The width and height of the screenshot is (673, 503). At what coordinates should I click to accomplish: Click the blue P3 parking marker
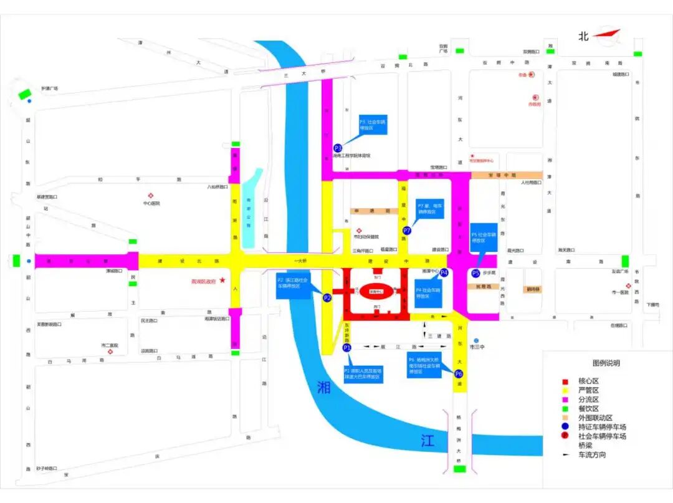point(338,148)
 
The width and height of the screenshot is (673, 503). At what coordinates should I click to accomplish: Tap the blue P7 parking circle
point(407,231)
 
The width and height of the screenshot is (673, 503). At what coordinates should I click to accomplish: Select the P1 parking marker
point(347,347)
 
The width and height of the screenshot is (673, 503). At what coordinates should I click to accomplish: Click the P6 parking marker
point(459,374)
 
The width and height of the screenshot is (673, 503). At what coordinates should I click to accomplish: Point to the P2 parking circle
point(327,298)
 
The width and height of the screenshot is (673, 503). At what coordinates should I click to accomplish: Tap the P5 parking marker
point(476,273)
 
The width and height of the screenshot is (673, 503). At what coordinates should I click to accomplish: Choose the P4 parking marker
point(444,272)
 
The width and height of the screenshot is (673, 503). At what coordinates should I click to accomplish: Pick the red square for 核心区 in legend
point(565,381)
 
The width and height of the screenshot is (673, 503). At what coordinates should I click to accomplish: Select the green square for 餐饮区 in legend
point(565,408)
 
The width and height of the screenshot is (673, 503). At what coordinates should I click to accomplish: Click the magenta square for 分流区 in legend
point(565,399)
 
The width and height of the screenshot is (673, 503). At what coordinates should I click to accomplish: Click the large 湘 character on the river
point(323,388)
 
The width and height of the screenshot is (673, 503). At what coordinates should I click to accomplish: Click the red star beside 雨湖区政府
point(222,281)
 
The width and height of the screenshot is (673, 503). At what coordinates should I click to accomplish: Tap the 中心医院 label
point(151,203)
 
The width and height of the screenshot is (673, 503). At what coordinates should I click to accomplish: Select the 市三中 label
point(477,347)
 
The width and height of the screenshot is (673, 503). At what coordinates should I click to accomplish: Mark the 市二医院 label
point(110,345)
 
